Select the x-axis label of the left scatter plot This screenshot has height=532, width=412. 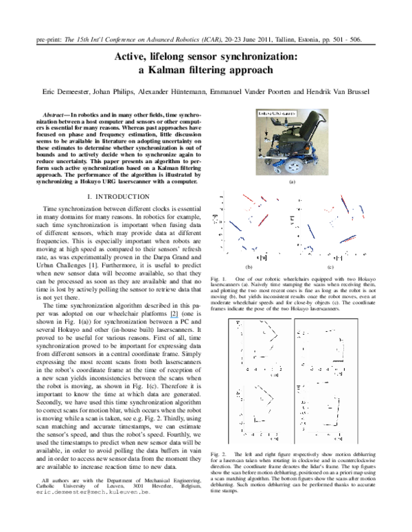point(262,257)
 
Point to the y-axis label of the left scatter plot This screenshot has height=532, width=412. point(215,219)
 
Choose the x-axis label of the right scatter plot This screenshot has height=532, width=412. point(339,258)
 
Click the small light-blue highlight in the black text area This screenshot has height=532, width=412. point(174,317)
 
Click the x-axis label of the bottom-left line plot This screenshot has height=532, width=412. point(274,439)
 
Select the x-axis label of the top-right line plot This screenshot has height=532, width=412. point(338,375)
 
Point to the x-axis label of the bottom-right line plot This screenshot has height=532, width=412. point(338,439)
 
